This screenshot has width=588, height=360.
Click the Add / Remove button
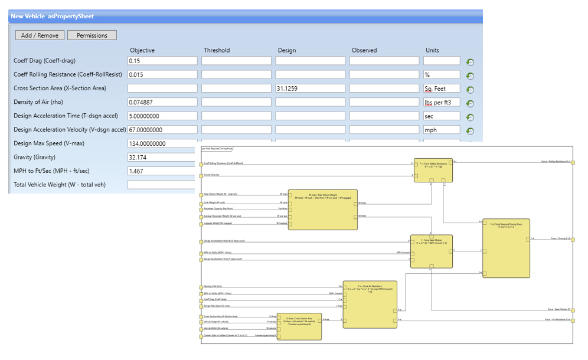point(40,35)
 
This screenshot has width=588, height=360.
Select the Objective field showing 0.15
point(162,61)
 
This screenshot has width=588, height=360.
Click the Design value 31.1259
point(310,89)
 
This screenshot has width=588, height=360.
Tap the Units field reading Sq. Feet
point(441,89)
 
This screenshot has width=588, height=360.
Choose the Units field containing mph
point(441,130)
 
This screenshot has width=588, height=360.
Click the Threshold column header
point(217,50)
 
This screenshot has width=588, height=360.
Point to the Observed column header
point(364,50)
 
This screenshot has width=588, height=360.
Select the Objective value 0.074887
point(162,102)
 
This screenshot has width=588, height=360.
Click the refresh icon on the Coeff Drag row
point(470,62)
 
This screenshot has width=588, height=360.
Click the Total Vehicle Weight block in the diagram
point(322,210)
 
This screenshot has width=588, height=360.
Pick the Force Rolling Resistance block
point(433,170)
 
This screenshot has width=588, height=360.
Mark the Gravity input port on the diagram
point(201,175)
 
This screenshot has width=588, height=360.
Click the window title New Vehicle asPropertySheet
point(52,16)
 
